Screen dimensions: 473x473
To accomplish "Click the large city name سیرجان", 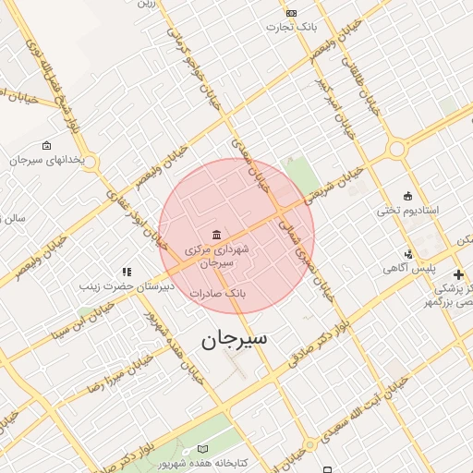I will (235, 339).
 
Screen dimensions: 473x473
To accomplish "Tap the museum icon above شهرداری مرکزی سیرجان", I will (216, 233).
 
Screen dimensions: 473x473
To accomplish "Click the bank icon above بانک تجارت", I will (292, 13).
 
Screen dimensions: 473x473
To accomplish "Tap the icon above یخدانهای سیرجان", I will (47, 145).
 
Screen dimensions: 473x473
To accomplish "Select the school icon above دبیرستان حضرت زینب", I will (127, 273).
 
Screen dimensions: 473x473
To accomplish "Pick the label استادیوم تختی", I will (407, 211).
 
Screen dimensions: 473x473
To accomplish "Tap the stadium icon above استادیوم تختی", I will (407, 194).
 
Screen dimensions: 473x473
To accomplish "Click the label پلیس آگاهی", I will (409, 269).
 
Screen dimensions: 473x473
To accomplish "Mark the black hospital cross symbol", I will (458, 274).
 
